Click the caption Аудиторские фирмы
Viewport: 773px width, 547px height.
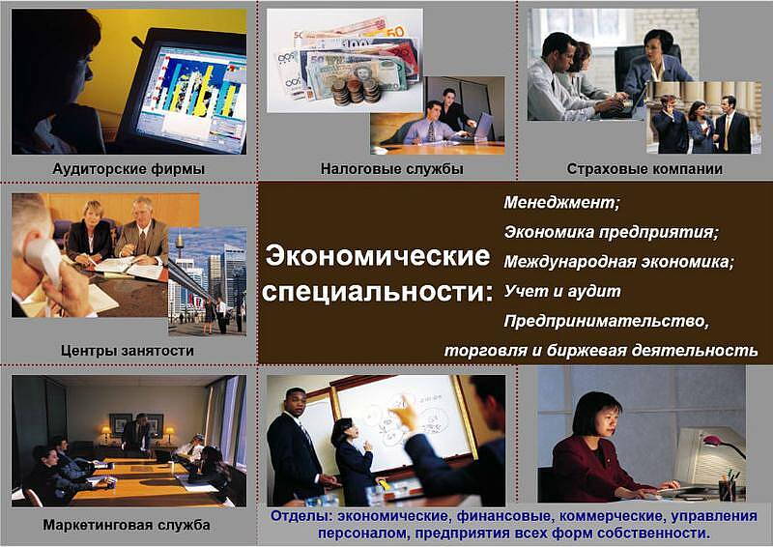tap(129, 169)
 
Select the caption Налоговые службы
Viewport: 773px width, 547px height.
tap(392, 169)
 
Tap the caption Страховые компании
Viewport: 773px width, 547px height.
tap(644, 169)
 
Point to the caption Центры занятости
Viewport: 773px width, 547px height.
tap(128, 351)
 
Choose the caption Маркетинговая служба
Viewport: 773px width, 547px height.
tap(127, 525)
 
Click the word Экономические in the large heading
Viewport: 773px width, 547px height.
tap(378, 256)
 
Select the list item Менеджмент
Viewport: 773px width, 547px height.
tap(561, 202)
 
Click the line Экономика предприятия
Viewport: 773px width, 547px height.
tap(612, 232)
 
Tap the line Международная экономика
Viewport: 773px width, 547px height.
tap(618, 261)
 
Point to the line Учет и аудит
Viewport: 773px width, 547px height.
tap(562, 291)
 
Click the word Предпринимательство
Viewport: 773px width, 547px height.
tap(607, 321)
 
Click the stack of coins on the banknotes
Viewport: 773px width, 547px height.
tap(356, 91)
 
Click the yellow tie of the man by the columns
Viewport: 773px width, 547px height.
tap(726, 131)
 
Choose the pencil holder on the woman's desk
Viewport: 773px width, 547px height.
tap(727, 489)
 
